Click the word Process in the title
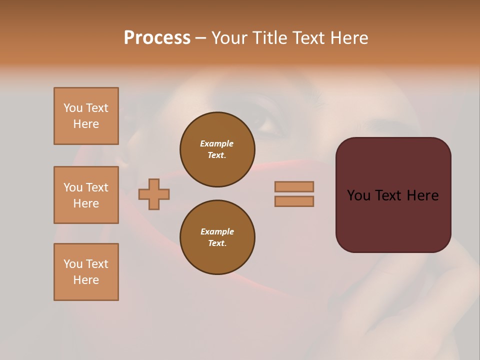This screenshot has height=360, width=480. (157, 37)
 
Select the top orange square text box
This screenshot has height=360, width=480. (86, 116)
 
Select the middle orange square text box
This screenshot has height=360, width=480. (86, 195)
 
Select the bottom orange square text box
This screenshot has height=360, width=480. (86, 272)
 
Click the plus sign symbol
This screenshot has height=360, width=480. (154, 194)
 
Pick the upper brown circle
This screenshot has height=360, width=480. (217, 149)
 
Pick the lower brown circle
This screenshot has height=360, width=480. (217, 237)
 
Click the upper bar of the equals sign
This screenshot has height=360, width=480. (294, 186)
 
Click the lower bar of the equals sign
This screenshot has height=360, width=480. (294, 201)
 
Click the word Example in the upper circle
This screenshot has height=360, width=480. (217, 143)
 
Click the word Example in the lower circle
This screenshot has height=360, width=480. (217, 231)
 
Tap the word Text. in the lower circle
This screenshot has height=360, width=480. (217, 243)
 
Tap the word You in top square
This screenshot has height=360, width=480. (73, 108)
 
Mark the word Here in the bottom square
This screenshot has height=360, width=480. (86, 280)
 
